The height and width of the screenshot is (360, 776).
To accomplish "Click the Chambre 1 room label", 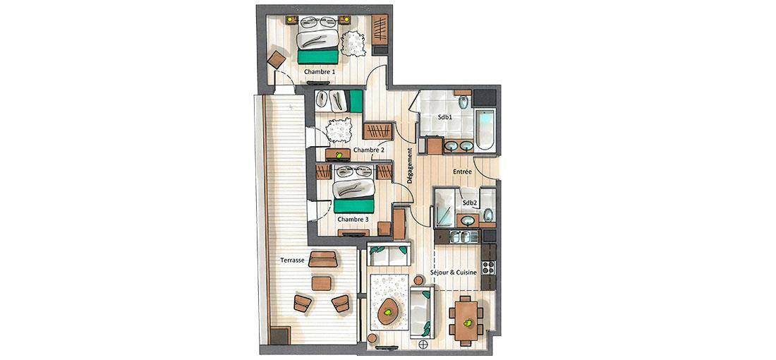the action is [x=320, y=72].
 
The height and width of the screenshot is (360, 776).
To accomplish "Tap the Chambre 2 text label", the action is [x=369, y=150].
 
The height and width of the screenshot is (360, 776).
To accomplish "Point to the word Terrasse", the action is [x=292, y=260].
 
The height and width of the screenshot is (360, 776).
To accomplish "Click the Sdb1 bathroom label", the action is [x=444, y=118].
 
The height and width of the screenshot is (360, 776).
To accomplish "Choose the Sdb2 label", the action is [x=470, y=203].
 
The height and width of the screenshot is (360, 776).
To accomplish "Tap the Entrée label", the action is [x=462, y=172].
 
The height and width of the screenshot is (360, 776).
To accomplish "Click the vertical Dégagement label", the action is [x=410, y=166].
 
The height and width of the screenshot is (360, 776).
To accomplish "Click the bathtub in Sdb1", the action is [x=485, y=129].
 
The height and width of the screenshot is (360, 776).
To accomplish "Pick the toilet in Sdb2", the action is [x=488, y=215].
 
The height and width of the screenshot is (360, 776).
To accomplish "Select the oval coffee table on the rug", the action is [x=389, y=312].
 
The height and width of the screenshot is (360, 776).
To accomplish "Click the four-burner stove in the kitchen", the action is [x=488, y=267].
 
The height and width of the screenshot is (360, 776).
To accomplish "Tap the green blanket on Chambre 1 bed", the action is [x=318, y=56].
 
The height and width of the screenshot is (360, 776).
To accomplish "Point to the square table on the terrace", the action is [x=321, y=283].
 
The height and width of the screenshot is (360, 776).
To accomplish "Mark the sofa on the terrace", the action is [x=322, y=259].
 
